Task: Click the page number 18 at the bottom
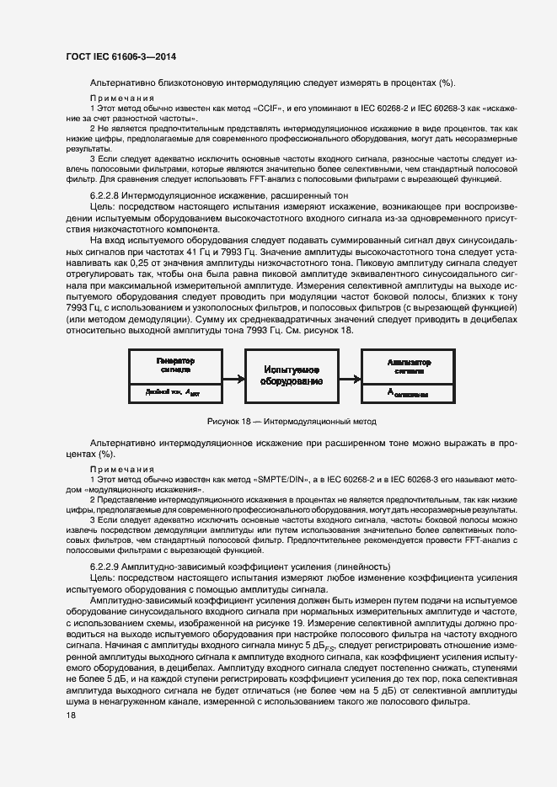point(71,715)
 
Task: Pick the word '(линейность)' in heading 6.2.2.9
point(362,566)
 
